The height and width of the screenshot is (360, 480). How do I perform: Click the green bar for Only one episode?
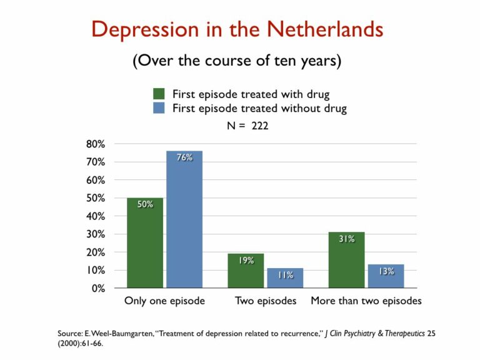[145, 243]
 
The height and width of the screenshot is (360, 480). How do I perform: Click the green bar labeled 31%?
[346, 260]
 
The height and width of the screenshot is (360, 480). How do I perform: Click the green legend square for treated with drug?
[159, 94]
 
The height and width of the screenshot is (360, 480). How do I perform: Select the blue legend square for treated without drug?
[159, 108]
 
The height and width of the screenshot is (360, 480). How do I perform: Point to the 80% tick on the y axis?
[96, 144]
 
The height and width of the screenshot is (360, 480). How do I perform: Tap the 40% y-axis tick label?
[96, 216]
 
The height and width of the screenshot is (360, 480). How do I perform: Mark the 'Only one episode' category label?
[164, 301]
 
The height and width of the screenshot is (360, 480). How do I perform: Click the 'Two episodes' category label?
[266, 301]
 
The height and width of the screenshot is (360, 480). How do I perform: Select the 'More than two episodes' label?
[366, 301]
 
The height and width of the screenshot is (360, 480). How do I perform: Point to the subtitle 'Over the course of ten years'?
[236, 62]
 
